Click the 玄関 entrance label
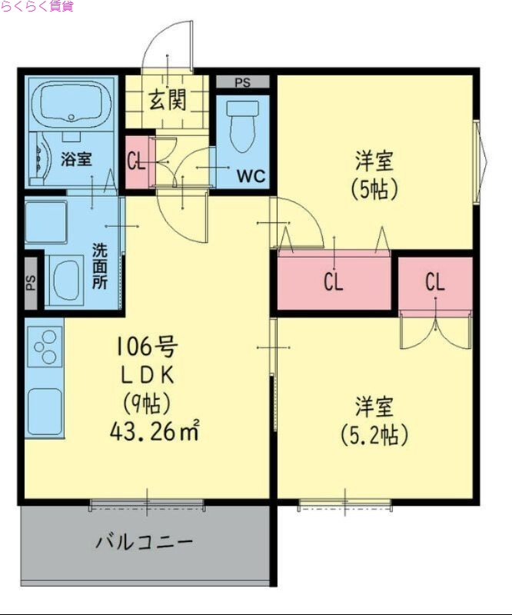167,100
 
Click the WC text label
251,176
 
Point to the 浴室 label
77,159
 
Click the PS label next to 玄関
242,82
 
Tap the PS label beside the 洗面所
32,283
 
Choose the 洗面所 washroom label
100,265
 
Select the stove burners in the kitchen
45,345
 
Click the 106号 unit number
146,347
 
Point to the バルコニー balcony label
144,542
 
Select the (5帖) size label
374,188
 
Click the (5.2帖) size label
374,435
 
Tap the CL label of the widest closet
333,283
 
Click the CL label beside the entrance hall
136,161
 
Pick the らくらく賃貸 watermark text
37,7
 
